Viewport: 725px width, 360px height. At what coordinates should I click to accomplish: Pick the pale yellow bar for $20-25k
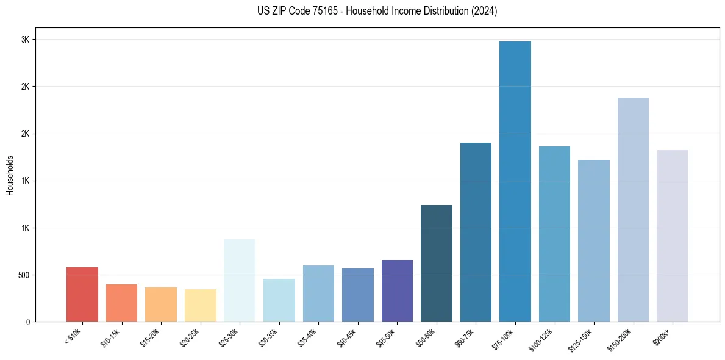200,305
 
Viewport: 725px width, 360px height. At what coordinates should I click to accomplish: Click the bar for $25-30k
240,280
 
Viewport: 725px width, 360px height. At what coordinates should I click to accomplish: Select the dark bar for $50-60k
437,263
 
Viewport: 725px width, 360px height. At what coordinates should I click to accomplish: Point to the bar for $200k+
672,236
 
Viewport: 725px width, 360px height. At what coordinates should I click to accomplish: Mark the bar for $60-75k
476,232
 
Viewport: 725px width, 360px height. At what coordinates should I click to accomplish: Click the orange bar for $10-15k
121,303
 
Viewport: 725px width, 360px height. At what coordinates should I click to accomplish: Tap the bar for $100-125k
554,234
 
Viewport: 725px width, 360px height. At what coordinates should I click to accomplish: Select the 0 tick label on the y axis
27,322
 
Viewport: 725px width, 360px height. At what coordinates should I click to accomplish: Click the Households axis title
10,175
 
